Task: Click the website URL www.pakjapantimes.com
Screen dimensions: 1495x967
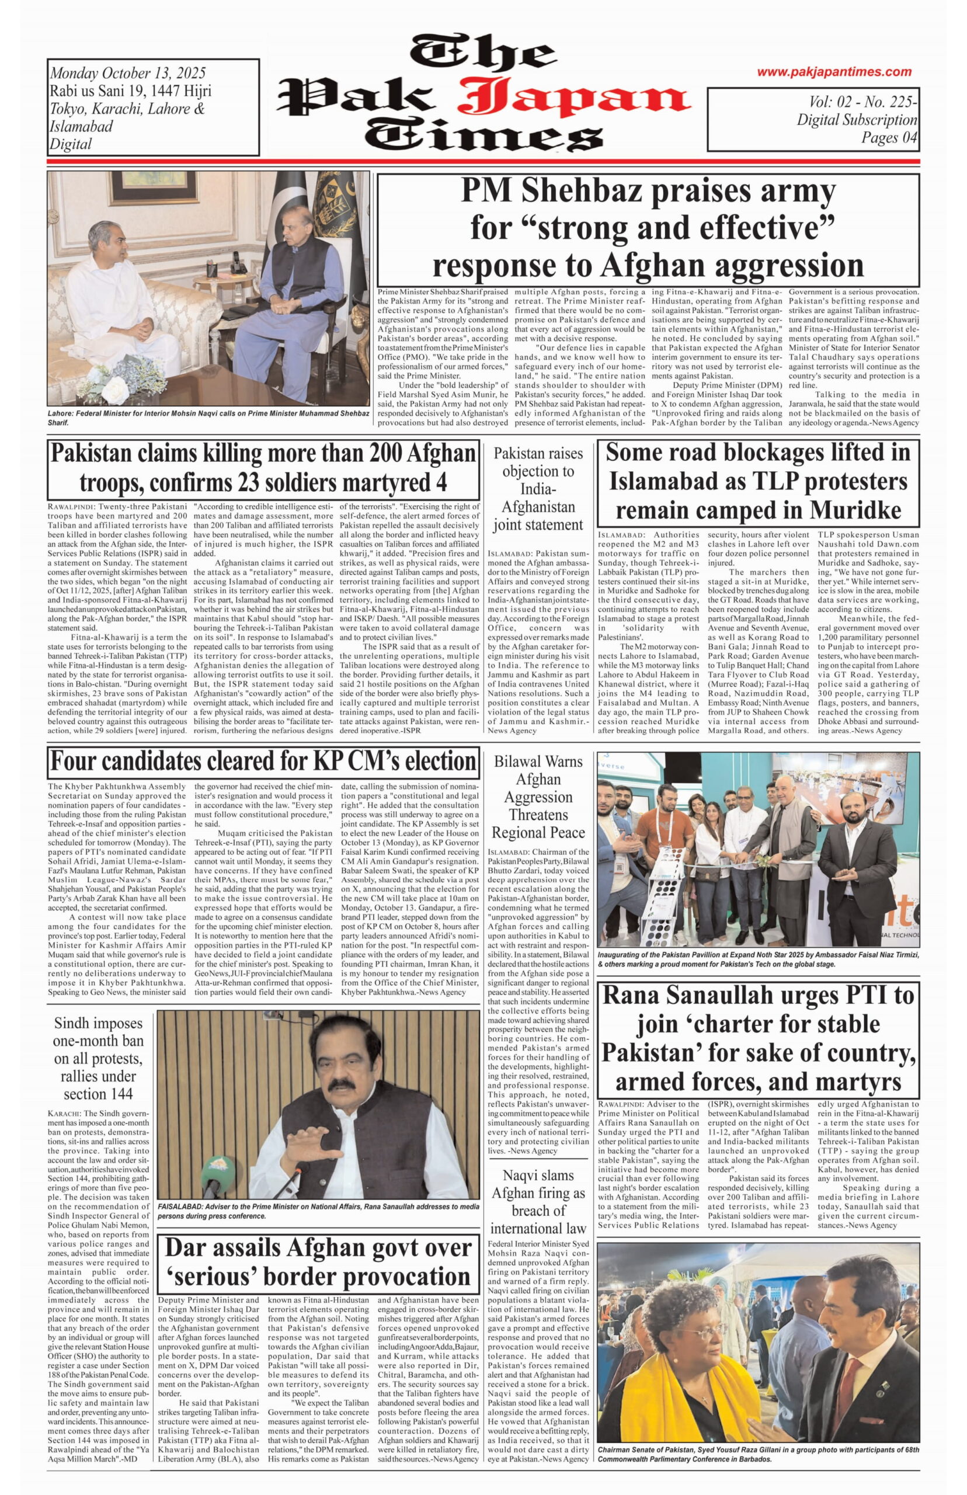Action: tap(833, 72)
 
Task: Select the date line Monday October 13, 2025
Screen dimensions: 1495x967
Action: tap(127, 73)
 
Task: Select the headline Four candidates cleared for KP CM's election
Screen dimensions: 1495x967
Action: tap(263, 762)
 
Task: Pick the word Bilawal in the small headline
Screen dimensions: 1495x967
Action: tap(520, 762)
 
